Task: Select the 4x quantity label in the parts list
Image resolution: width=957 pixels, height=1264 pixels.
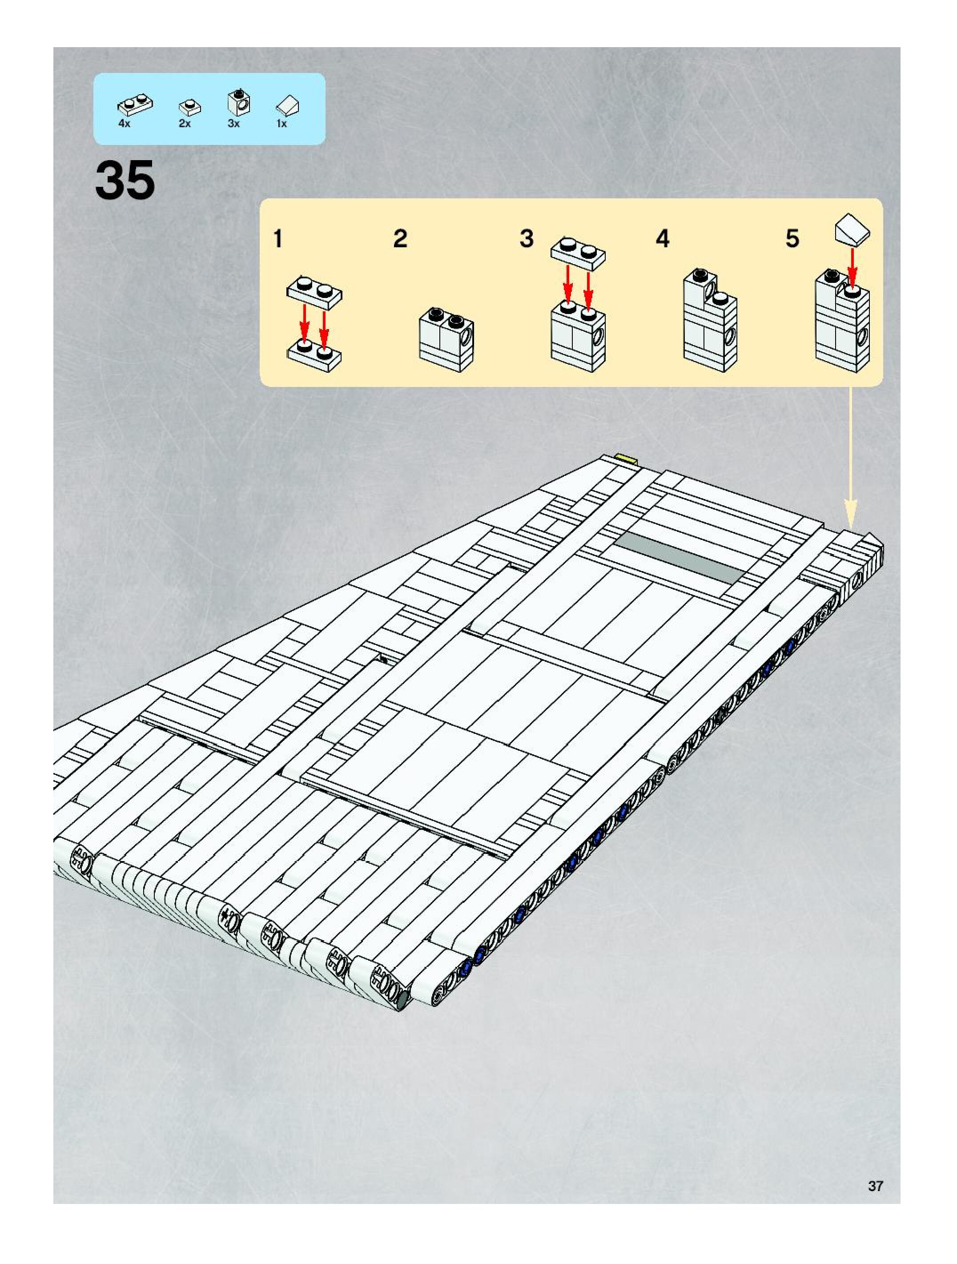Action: [124, 124]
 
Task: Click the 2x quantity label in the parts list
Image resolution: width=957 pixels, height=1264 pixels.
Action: [185, 124]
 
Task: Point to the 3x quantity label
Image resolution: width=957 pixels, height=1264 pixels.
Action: [233, 124]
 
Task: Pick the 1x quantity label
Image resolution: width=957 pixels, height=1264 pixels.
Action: [281, 124]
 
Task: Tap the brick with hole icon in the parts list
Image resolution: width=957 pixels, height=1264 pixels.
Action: [239, 102]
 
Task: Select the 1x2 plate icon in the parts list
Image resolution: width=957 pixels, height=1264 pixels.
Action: [135, 104]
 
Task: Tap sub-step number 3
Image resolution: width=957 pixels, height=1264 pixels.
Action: [526, 239]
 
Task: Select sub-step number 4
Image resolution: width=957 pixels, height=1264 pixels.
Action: [662, 239]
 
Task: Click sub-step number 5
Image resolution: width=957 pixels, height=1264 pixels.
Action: [792, 239]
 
